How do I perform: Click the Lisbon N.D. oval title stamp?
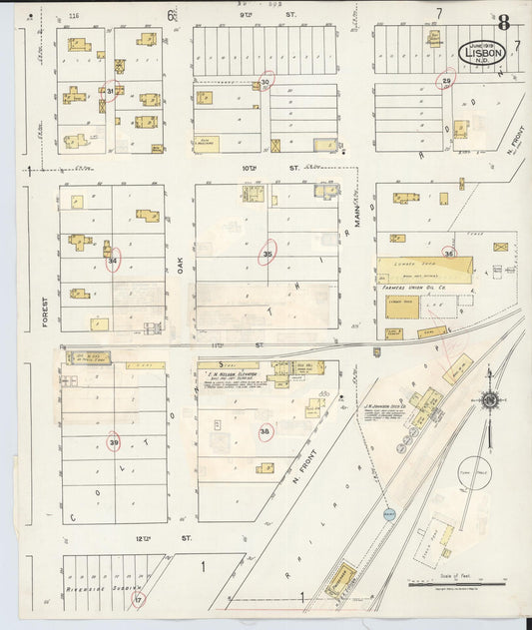[481, 52]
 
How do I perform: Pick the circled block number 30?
[266, 82]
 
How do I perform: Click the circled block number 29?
[447, 81]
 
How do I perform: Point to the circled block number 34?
[113, 260]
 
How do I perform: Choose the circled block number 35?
[266, 254]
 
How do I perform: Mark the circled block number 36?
[449, 254]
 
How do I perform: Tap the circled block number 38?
[265, 432]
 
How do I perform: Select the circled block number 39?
[113, 441]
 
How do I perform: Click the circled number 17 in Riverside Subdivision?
[139, 599]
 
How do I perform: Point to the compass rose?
[489, 399]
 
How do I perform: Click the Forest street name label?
[45, 314]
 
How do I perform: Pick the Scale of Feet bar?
[457, 584]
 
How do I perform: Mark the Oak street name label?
[181, 264]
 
